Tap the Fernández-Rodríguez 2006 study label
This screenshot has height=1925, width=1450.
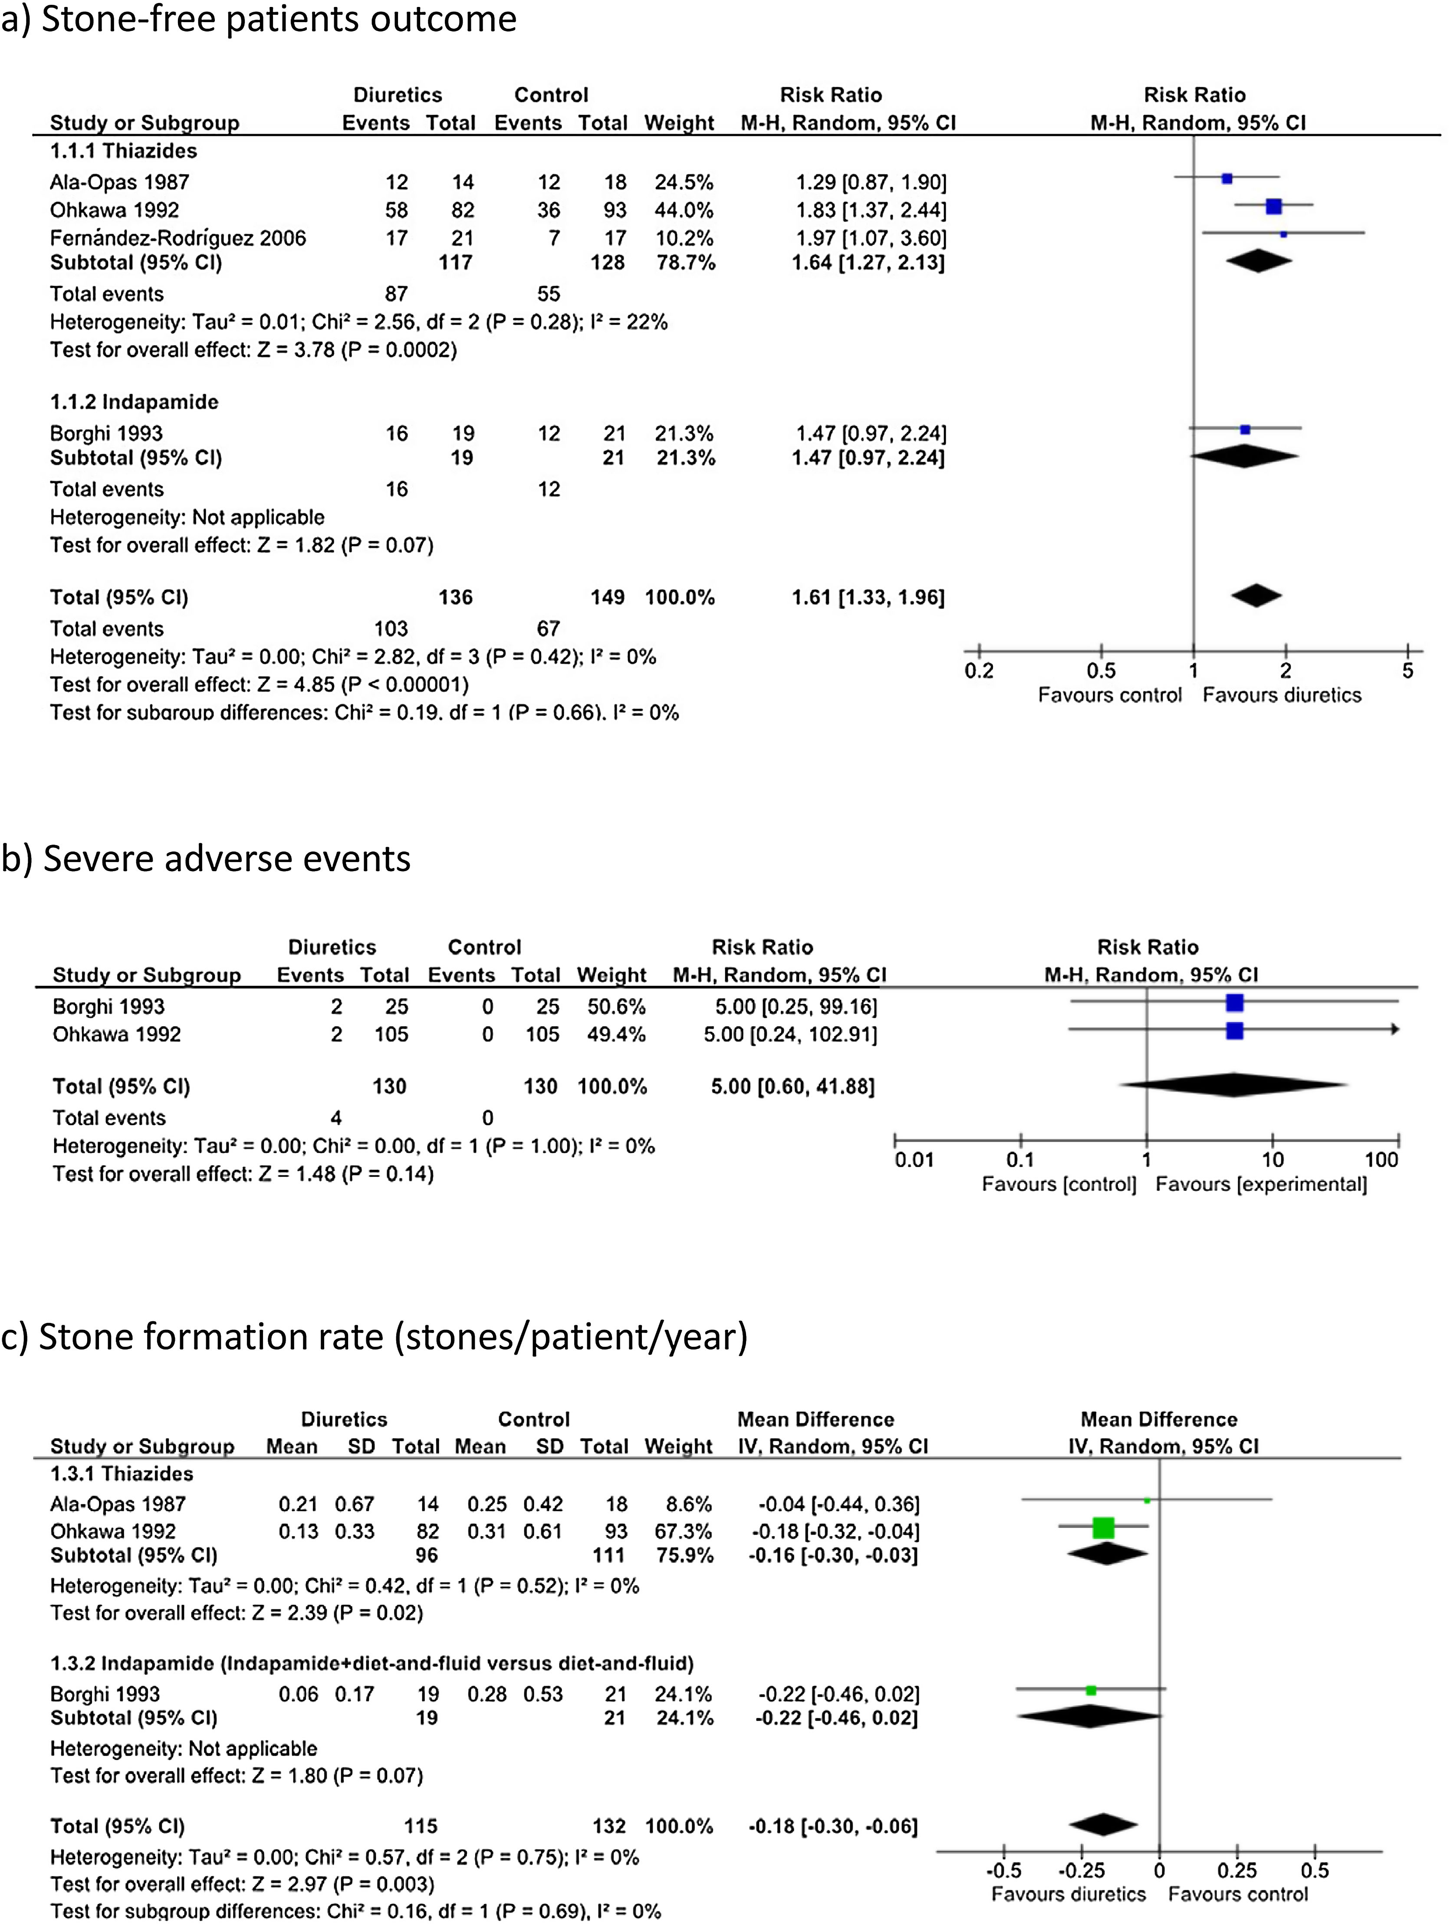pyautogui.click(x=178, y=237)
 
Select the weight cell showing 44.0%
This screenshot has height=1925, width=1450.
pyautogui.click(x=684, y=210)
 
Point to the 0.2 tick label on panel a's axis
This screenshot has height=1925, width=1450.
pyautogui.click(x=979, y=670)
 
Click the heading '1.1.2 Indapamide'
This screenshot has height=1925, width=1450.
pyautogui.click(x=134, y=402)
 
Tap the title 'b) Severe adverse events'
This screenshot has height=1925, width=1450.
pyautogui.click(x=206, y=858)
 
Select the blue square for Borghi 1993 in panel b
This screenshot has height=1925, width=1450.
pyautogui.click(x=1234, y=1004)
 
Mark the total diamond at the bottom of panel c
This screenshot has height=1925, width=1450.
pyautogui.click(x=1103, y=1825)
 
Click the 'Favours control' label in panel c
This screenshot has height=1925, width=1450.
pyautogui.click(x=1238, y=1894)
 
